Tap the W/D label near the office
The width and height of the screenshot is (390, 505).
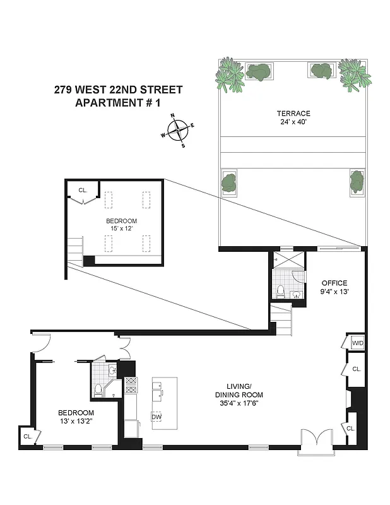click(x=357, y=343)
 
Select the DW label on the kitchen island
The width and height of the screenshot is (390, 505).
click(x=156, y=417)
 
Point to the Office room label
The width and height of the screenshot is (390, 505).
click(x=334, y=283)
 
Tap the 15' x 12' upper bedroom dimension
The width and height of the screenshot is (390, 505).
click(x=122, y=229)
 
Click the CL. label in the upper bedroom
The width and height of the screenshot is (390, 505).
click(x=83, y=190)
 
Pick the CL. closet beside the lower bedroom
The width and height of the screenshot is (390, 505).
click(x=28, y=436)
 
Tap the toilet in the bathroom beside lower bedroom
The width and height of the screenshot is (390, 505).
click(x=98, y=392)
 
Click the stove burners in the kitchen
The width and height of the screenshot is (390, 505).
click(x=131, y=386)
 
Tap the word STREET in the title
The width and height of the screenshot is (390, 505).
click(x=160, y=90)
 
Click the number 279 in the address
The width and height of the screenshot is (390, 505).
click(x=64, y=90)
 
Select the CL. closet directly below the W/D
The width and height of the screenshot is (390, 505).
click(x=356, y=369)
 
